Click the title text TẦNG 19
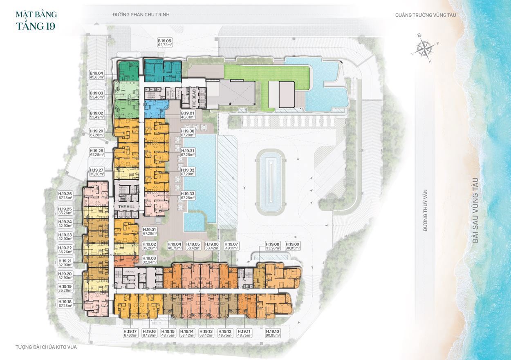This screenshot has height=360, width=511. click(x=36, y=26)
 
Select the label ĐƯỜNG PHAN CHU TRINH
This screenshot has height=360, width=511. click(x=141, y=15)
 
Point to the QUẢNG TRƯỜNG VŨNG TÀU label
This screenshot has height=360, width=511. click(x=425, y=15)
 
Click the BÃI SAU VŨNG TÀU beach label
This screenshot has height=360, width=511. click(x=475, y=210)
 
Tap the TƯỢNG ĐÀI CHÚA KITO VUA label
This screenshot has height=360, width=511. click(x=46, y=347)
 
